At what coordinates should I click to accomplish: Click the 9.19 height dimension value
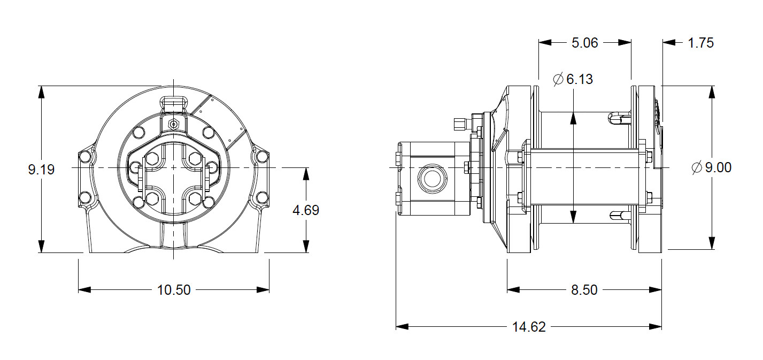click(41, 170)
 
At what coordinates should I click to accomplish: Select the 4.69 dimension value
click(306, 210)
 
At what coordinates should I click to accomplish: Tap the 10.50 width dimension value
click(174, 290)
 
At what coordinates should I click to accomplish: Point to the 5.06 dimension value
click(585, 43)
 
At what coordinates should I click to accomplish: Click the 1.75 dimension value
click(700, 43)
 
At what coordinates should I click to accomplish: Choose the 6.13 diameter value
click(580, 79)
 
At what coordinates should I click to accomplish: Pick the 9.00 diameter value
click(718, 167)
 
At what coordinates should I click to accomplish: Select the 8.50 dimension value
click(584, 290)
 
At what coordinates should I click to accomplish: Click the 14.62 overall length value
click(528, 327)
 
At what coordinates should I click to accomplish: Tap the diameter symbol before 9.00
click(696, 167)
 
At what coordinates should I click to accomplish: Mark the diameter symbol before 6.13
click(558, 79)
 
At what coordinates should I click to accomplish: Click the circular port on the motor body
click(430, 179)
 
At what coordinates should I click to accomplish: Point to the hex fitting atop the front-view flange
click(173, 124)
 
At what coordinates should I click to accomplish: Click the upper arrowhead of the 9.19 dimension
click(41, 91)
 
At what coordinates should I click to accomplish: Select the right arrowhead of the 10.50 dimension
click(263, 290)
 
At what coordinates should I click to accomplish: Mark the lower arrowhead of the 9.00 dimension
click(712, 243)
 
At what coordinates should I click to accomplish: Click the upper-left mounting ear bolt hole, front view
click(84, 157)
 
